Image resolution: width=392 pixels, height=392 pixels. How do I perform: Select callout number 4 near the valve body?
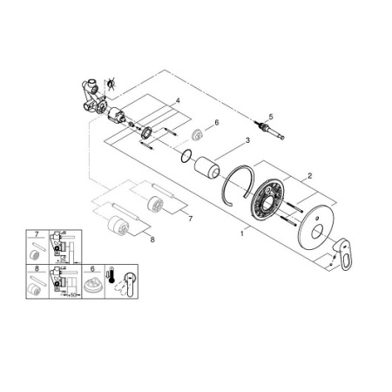pos(178,102)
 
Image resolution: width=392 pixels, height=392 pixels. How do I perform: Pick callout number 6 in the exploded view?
pos(216,124)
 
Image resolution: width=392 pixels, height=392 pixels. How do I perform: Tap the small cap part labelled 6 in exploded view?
pos(199,132)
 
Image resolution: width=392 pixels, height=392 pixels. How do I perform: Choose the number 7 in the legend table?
pos(37,235)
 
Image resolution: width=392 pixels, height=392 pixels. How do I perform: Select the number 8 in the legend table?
pos(37,268)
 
